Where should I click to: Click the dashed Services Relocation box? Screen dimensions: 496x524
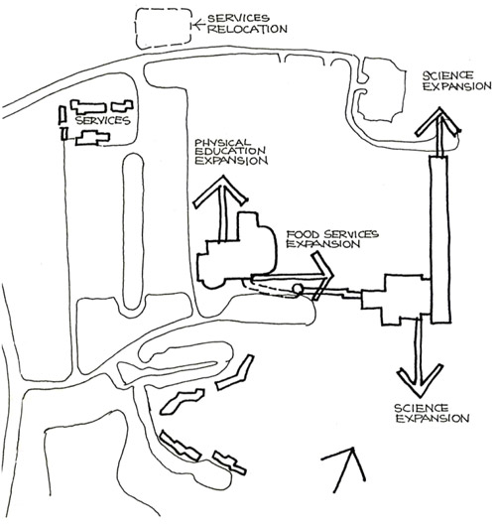click(x=136, y=29)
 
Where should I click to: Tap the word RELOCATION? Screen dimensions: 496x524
click(x=247, y=29)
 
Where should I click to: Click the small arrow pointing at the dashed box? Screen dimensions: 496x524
click(x=199, y=25)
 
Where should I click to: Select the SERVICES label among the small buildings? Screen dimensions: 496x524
click(x=103, y=120)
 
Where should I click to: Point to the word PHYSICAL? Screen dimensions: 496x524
click(x=222, y=143)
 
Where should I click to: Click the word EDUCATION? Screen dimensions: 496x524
click(x=230, y=151)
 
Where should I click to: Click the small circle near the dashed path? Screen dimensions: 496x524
click(x=298, y=289)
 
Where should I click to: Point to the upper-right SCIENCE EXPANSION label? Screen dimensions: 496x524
click(x=456, y=80)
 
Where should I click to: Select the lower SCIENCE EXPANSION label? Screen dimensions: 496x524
click(x=432, y=413)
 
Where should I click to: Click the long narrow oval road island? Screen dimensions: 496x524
click(x=123, y=230)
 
